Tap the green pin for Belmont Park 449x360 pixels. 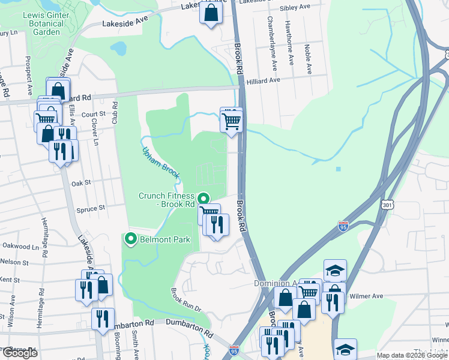pos(129,239)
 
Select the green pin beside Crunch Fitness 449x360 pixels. pos(203,197)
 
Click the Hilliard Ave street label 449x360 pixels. pos(263,80)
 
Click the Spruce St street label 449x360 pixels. pos(91,208)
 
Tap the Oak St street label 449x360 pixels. pos(80,183)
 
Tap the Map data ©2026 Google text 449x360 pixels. pos(411,355)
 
